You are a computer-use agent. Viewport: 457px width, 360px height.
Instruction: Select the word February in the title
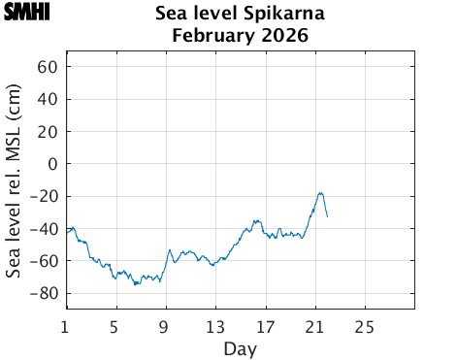tap(208, 37)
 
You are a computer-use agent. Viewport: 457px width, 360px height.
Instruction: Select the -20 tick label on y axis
tap(45, 196)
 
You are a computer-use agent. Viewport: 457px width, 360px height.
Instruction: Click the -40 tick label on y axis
tap(45, 228)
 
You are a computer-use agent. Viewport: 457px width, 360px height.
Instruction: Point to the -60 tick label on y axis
tap(45, 260)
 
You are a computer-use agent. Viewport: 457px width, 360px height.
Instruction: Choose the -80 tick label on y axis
tap(45, 293)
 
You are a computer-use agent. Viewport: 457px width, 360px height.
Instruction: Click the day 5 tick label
tap(115, 325)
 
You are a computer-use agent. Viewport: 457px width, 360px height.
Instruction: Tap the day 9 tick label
tap(165, 325)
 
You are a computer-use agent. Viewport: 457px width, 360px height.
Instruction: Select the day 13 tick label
tap(215, 325)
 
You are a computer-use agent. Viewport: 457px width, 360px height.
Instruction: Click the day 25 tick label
tap(365, 325)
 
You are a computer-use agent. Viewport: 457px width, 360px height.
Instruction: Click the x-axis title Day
tap(240, 347)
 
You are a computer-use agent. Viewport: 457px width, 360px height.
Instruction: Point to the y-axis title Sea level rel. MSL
tap(14, 181)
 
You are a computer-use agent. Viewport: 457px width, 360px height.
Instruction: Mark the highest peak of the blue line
tap(320, 193)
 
